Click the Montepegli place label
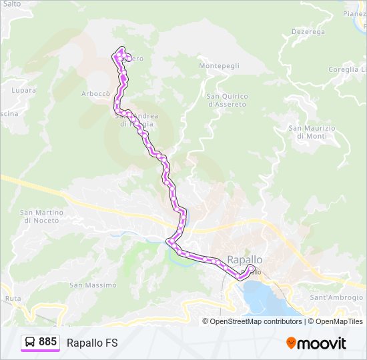coord(218,65)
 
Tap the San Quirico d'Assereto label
coord(227,100)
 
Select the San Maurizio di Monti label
coord(312,131)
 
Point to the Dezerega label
coord(308,31)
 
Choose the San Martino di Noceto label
coord(41,216)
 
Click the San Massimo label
coord(93,285)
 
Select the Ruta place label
coord(13,298)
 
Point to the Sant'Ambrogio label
coord(336,297)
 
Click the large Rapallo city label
coord(245,259)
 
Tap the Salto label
coord(11,4)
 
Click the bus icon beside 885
coord(30,342)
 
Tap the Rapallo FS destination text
coord(92,343)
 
